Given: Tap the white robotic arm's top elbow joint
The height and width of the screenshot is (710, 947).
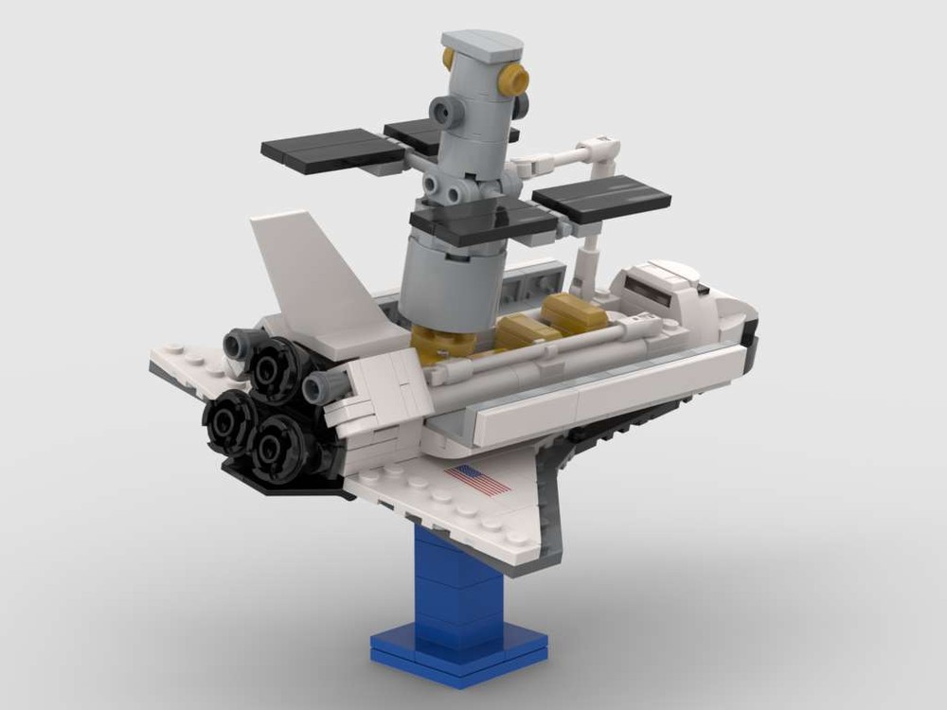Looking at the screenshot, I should [602, 150].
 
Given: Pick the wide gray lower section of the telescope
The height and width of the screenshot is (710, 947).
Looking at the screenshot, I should [444, 279].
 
